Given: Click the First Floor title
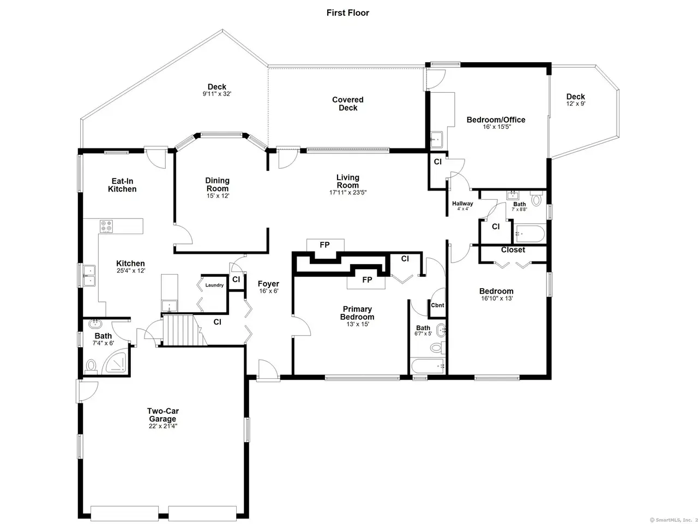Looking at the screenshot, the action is [347, 13].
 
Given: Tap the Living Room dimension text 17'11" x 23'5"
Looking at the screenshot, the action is [347, 193].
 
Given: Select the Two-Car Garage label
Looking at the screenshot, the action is [163, 415].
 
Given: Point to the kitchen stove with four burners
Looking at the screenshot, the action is [106, 226].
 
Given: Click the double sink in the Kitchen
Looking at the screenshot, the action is [89, 276].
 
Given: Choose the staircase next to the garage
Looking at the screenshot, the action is [184, 330].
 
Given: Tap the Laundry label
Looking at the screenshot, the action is [214, 285].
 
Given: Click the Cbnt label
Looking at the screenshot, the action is [437, 305].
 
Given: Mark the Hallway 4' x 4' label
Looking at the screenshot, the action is [462, 206].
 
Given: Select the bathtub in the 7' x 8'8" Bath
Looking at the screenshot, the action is [530, 234].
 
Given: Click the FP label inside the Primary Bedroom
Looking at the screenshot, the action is [367, 279].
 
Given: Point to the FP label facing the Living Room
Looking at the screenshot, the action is [324, 245].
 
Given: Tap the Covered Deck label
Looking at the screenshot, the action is [347, 104].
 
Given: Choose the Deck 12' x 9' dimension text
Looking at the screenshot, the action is [575, 104].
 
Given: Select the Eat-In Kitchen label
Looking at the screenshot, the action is [122, 185].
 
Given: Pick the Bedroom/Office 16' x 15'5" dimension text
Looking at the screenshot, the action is [497, 127].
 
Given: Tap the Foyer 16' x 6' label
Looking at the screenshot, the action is [268, 287].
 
